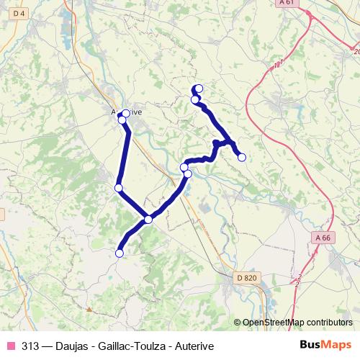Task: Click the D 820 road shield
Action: (246, 277)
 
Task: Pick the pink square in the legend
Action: (11, 346)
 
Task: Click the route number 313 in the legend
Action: (30, 346)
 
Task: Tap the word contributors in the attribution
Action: (328, 323)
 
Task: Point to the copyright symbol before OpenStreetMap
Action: (238, 323)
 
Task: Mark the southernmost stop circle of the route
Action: (120, 253)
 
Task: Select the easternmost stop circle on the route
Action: (242, 157)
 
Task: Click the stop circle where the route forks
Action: (148, 219)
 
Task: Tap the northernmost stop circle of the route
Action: (198, 89)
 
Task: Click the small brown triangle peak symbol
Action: (89, 309)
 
